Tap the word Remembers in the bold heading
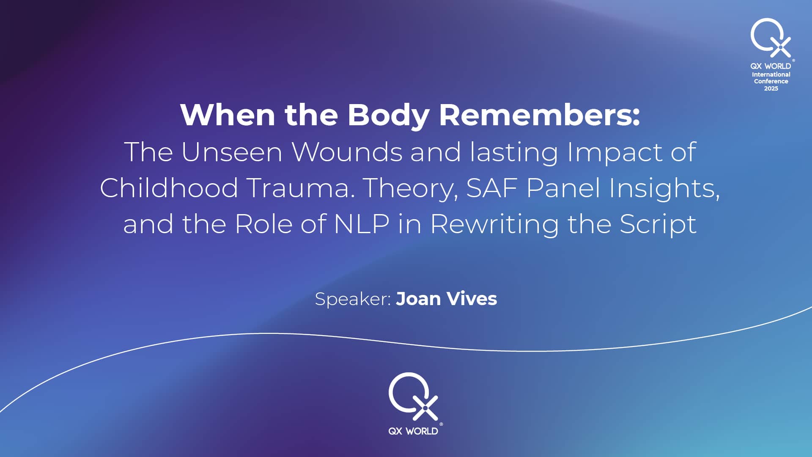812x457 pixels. click(540, 115)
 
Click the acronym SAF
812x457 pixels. click(492, 188)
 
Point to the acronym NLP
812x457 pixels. click(362, 224)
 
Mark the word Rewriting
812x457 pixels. click(495, 224)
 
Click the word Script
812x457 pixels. click(658, 224)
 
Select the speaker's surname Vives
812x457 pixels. click(472, 299)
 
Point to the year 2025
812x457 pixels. click(771, 88)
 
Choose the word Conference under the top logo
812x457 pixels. click(771, 81)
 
